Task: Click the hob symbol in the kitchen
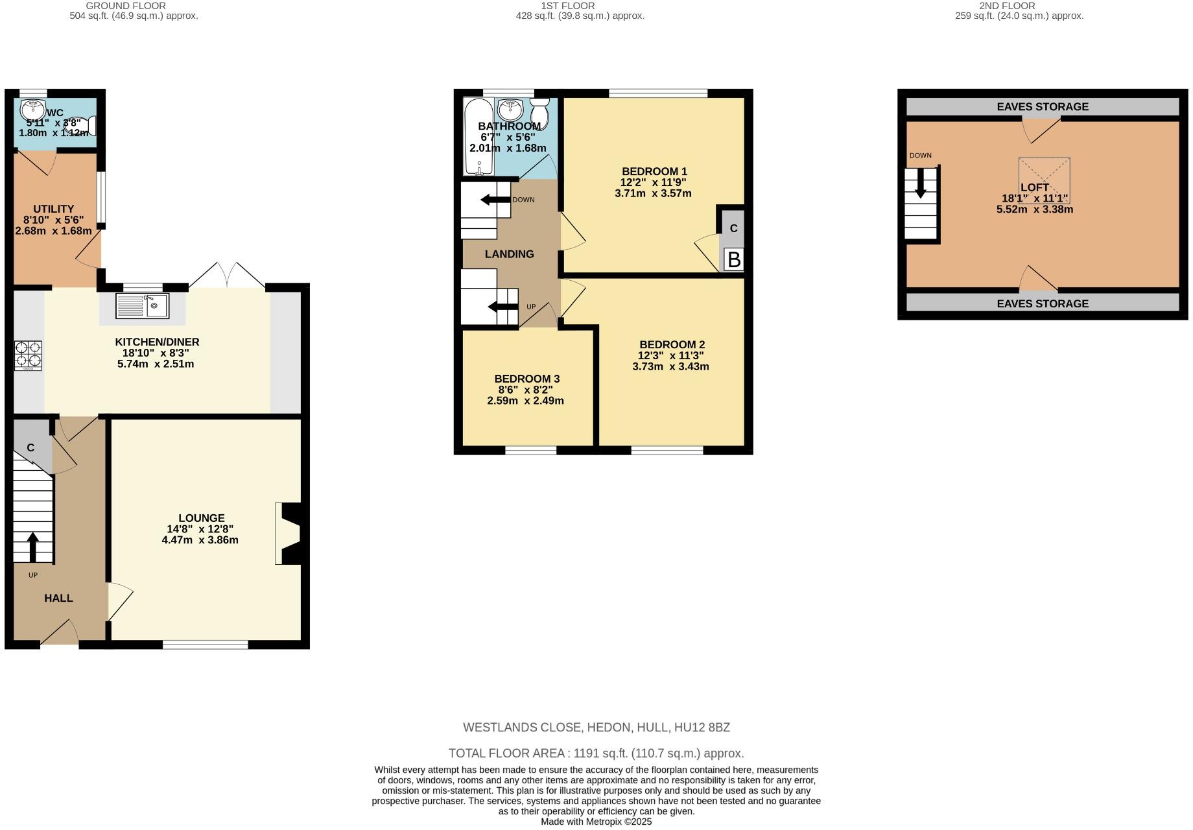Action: click(x=28, y=355)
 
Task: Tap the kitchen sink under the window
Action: click(x=142, y=305)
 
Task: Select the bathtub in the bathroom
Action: click(x=478, y=136)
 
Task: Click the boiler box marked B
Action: click(x=734, y=260)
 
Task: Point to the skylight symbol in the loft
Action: click(x=1043, y=181)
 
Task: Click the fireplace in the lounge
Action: click(x=289, y=533)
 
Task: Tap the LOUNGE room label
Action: click(x=202, y=518)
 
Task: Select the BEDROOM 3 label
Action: click(x=526, y=379)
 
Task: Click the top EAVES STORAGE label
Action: click(x=1043, y=107)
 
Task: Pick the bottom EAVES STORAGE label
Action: click(x=1043, y=303)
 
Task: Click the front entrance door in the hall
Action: click(x=60, y=633)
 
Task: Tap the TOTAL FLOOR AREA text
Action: click(x=596, y=753)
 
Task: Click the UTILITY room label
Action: click(x=53, y=209)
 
